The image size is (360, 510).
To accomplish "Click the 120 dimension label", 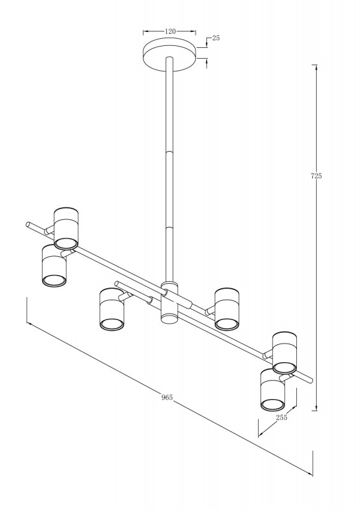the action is [x=170, y=31].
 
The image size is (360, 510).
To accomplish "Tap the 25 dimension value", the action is [x=216, y=38].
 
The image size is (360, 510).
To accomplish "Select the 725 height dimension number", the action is [x=316, y=176].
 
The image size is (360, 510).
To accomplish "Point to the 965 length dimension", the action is [x=167, y=397].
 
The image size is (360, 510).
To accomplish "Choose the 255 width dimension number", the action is [x=282, y=418].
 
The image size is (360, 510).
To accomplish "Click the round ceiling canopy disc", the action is [x=170, y=54].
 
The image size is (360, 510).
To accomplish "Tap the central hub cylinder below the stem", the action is [x=169, y=302].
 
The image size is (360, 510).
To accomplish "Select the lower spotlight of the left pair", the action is [x=54, y=266].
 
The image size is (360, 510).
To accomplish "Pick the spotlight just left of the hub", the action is [x=112, y=309].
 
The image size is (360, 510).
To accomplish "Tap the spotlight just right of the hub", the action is [x=227, y=309].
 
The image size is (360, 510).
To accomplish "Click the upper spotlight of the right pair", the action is [x=285, y=353].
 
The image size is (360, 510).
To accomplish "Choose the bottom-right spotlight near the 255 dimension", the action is [x=273, y=390].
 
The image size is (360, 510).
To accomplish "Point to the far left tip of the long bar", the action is [x=27, y=224].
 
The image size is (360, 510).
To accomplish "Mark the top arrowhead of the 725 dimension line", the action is [x=315, y=68].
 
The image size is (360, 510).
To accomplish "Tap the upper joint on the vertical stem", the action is [x=169, y=152].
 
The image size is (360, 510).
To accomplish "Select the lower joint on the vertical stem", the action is [x=169, y=228].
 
